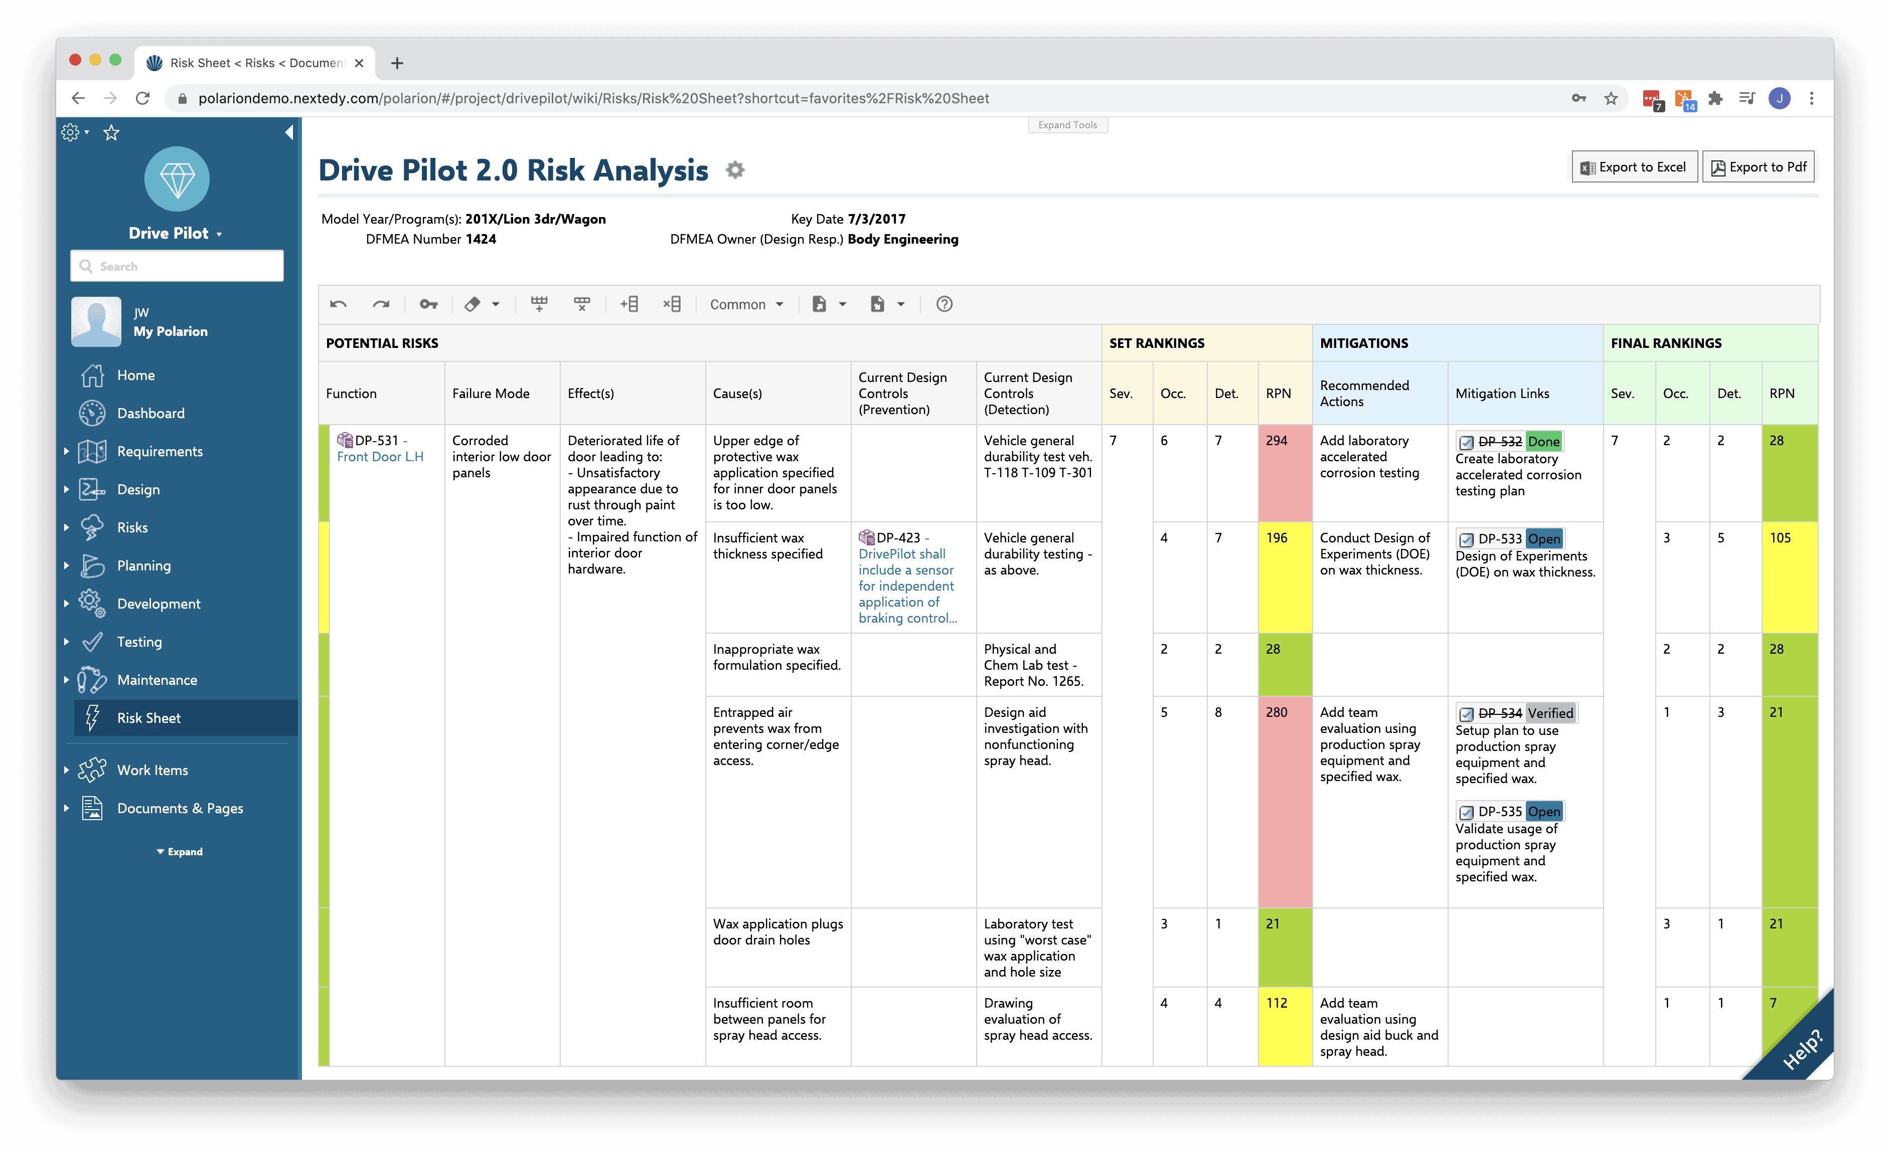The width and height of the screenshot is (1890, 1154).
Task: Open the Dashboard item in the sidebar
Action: point(150,413)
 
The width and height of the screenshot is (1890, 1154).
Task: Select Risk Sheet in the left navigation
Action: point(149,718)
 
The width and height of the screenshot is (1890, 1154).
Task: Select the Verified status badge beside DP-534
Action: point(1550,713)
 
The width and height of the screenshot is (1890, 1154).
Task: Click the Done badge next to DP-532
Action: point(1543,442)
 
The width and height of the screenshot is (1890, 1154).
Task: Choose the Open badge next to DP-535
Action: point(1543,811)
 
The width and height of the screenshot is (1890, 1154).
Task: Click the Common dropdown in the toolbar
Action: point(745,304)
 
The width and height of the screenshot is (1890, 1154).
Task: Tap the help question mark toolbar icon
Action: point(944,304)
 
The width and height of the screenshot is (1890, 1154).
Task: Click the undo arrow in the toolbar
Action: point(338,304)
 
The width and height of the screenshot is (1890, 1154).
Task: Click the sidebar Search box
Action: point(177,266)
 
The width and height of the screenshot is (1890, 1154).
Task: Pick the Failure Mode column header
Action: point(491,394)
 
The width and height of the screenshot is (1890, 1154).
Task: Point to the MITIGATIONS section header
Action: point(1364,343)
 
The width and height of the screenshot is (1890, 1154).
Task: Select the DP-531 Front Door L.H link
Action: point(380,449)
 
